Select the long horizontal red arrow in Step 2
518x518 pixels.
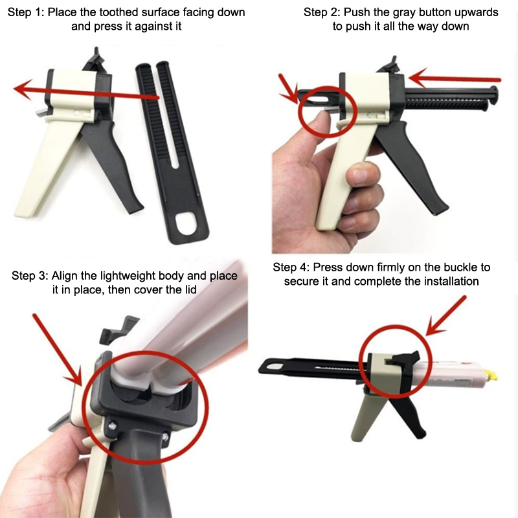coord(455,78)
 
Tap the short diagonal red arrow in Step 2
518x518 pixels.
coord(288,88)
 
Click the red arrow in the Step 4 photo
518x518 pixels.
coord(445,316)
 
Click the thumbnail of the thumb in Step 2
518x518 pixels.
coord(316,114)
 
